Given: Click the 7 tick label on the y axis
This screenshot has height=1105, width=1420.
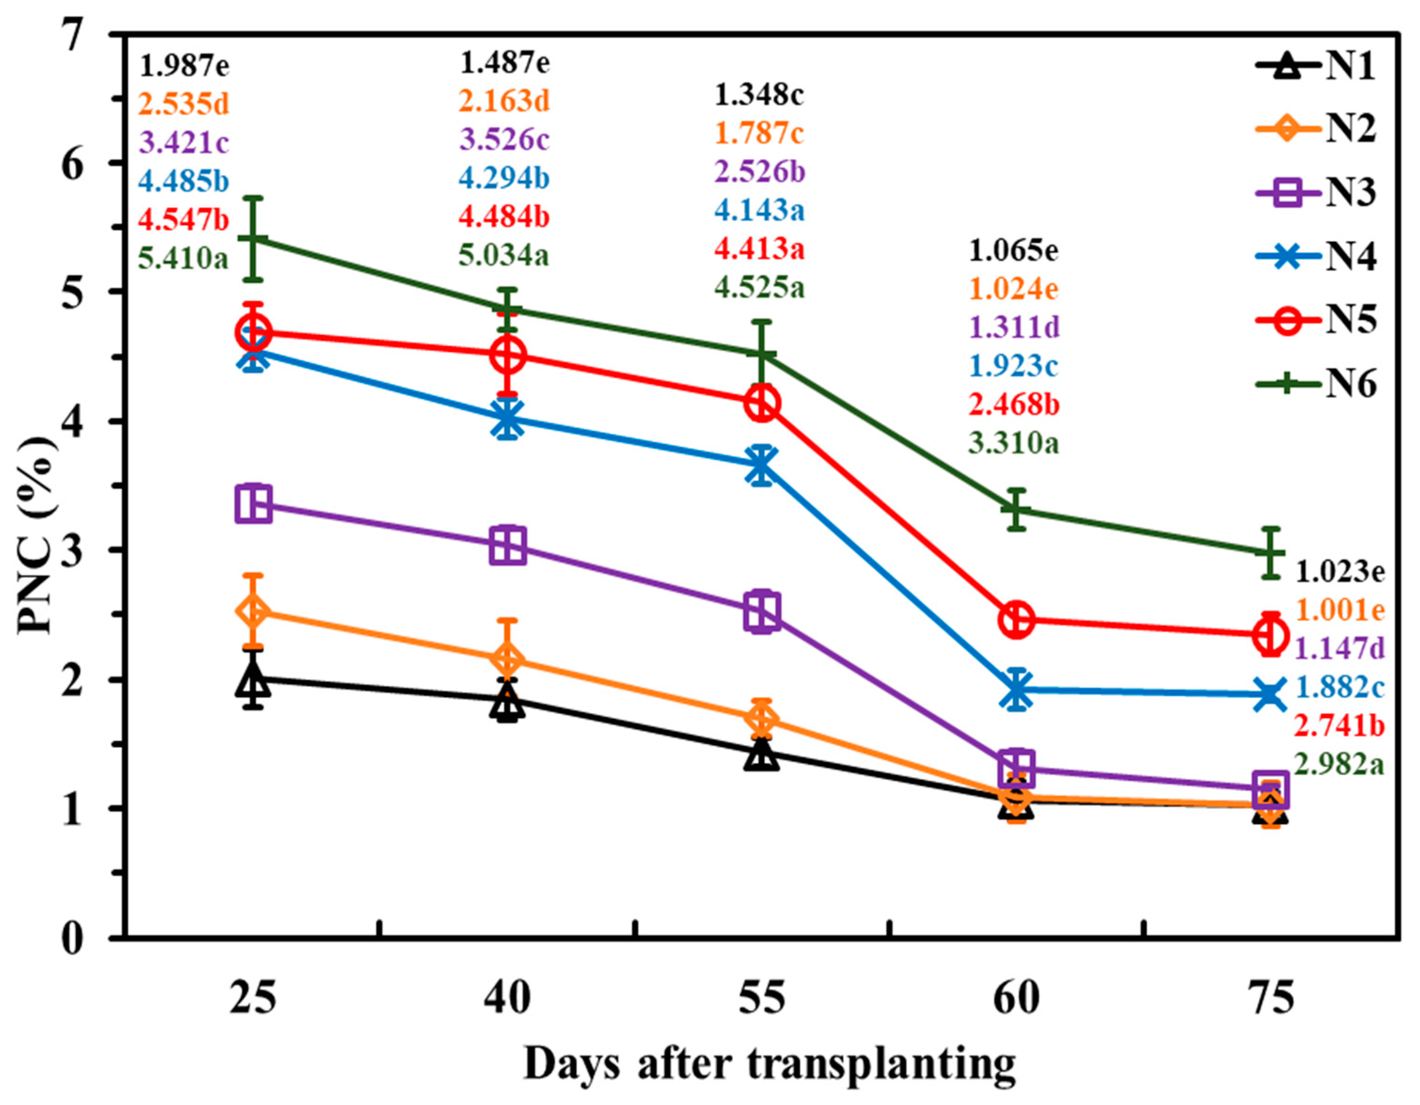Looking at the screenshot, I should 73,34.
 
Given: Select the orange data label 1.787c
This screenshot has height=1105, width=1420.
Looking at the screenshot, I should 759,133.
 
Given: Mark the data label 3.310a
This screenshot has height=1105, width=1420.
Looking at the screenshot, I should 1014,444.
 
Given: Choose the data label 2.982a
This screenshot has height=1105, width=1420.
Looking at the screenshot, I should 1339,765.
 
